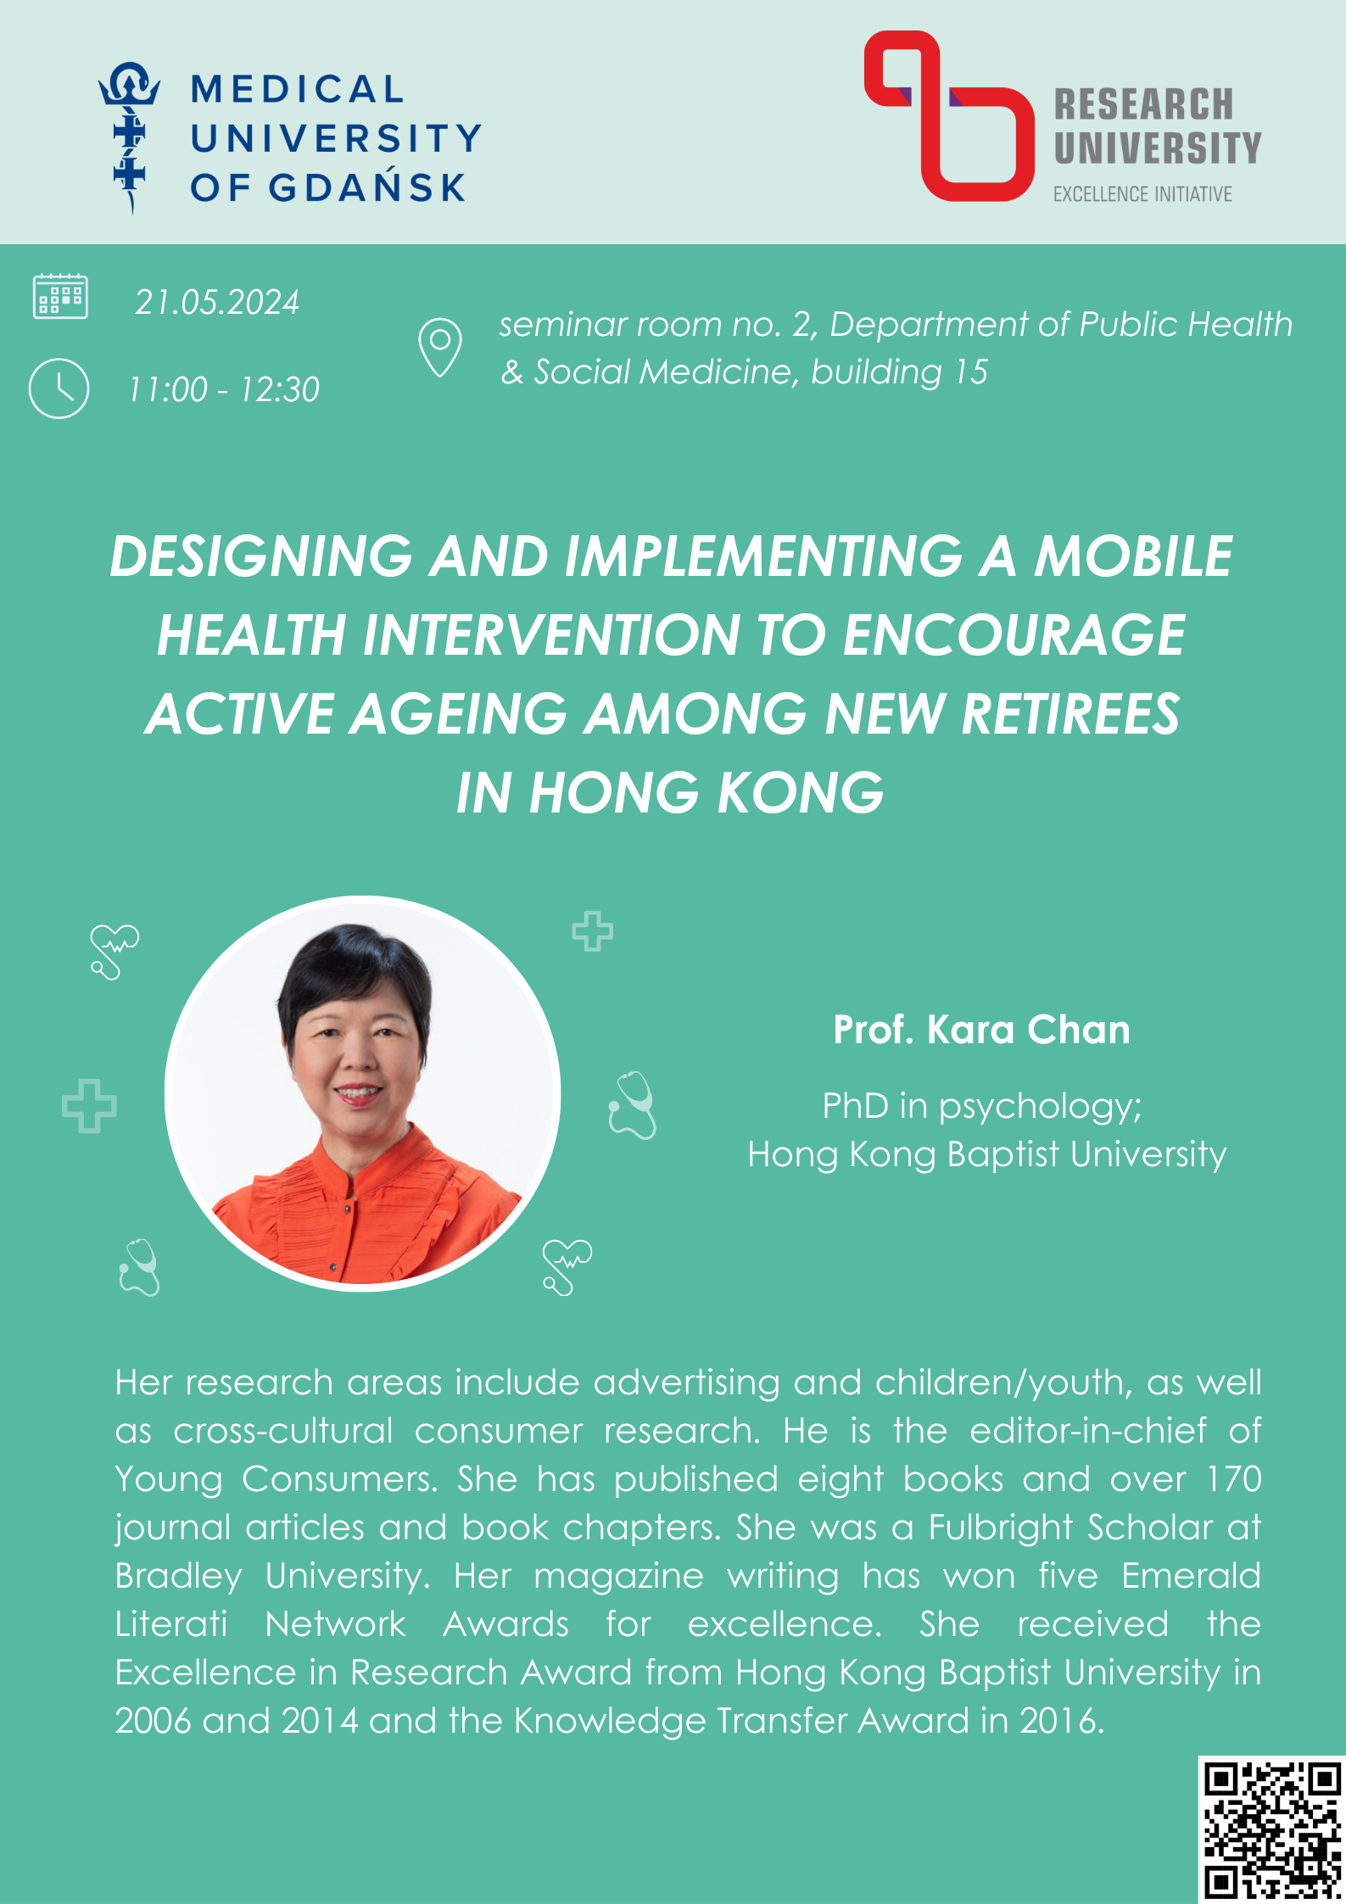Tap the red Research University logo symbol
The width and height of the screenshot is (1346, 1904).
[949, 116]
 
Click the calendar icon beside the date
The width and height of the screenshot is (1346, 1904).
[59, 296]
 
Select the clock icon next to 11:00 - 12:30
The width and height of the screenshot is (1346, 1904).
[59, 388]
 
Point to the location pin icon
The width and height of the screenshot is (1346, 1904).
[439, 347]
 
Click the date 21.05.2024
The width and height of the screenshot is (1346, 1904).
[217, 303]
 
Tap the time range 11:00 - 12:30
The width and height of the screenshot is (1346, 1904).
[224, 389]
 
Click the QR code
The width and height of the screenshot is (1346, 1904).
[1271, 1829]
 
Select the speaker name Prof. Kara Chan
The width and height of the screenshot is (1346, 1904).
[981, 1030]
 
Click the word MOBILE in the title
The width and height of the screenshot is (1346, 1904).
[1133, 556]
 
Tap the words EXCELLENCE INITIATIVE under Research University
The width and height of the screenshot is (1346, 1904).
[1142, 194]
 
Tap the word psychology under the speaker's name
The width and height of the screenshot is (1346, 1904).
[1040, 1108]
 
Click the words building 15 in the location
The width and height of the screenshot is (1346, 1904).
[899, 372]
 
